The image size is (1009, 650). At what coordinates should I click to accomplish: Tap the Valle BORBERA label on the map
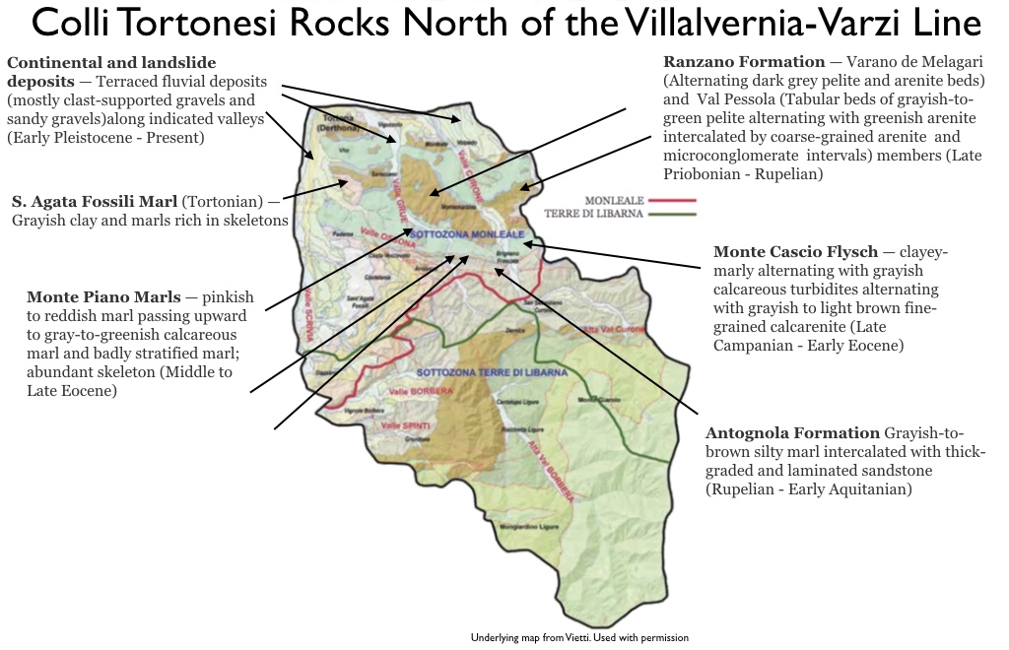(x=411, y=392)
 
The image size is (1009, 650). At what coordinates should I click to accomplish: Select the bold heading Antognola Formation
(x=792, y=433)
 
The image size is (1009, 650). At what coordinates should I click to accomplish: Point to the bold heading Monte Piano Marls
(x=103, y=296)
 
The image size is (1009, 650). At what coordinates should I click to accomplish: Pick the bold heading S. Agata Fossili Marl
(x=94, y=201)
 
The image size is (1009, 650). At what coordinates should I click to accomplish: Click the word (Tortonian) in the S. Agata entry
(x=222, y=201)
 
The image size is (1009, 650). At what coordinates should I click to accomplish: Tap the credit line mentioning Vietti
(x=579, y=638)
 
